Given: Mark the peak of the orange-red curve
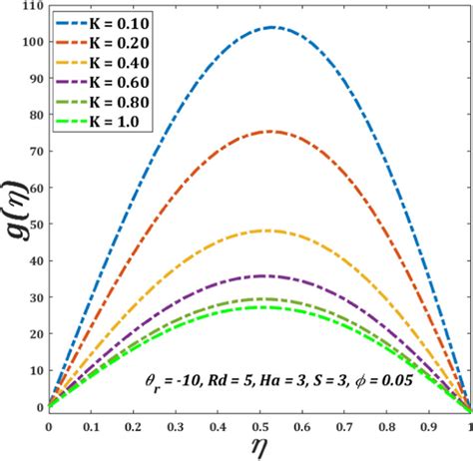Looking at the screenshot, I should pyautogui.click(x=267, y=132).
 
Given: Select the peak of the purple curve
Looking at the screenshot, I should pyautogui.click(x=261, y=275).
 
